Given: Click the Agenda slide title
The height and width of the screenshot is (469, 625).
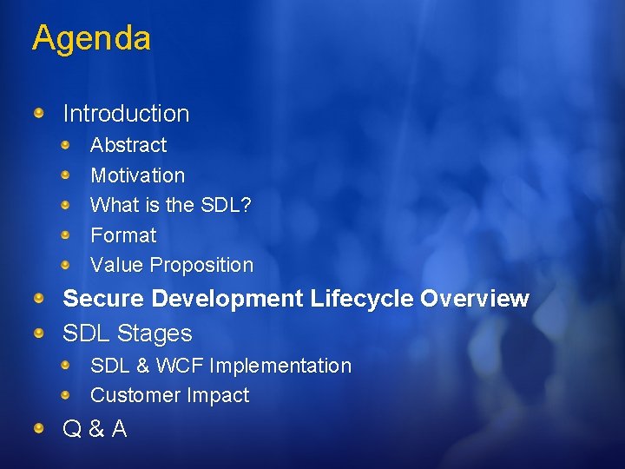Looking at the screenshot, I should (91, 38).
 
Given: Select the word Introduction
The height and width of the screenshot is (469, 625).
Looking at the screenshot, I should (126, 114).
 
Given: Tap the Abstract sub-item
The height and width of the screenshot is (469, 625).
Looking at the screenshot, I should (128, 145).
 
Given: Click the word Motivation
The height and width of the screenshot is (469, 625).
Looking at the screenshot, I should (137, 175).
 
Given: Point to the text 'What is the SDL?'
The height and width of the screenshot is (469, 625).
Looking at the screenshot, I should (171, 206).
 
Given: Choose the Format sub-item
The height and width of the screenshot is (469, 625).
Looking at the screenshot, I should (123, 235).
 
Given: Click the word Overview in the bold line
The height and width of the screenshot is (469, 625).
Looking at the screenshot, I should (474, 299).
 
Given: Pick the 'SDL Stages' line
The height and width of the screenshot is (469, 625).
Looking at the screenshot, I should (128, 334).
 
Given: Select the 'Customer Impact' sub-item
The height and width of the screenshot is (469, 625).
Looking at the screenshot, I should (169, 395).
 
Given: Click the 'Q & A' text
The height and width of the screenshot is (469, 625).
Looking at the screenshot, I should (95, 428).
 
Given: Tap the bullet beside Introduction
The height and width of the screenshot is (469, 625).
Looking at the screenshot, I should (40, 113).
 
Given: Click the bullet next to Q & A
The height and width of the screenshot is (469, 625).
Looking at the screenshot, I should (40, 427).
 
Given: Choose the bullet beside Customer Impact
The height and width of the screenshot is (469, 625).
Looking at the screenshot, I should (67, 394).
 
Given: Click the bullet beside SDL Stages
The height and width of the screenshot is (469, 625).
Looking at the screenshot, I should (40, 333).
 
